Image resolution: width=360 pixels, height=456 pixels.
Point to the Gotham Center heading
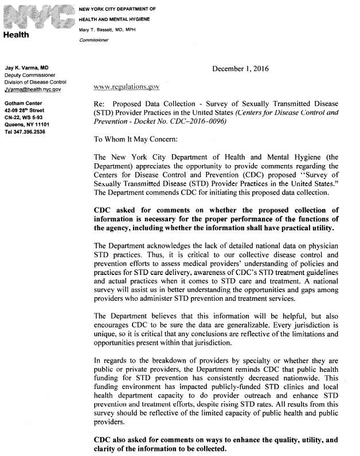pos(22,104)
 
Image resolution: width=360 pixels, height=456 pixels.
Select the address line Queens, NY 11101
pos(27,124)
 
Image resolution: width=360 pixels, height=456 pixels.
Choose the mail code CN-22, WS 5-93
pos(26,117)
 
